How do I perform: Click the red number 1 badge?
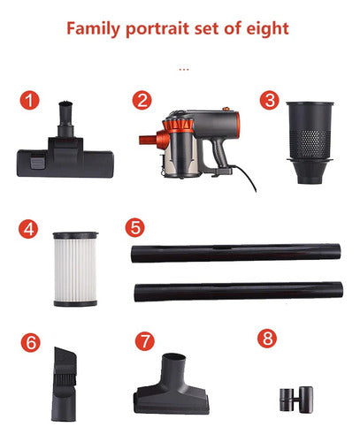point(29,100)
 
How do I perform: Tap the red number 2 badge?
point(142,100)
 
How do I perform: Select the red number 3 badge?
point(270,100)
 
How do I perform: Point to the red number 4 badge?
point(28,229)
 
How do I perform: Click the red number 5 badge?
point(135,227)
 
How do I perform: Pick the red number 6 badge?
point(31,342)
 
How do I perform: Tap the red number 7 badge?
point(145,341)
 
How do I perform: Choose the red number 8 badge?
point(267,339)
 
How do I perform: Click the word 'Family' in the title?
point(93,29)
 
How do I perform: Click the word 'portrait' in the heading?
point(157,29)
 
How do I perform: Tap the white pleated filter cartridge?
point(75,270)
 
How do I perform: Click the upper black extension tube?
point(236,253)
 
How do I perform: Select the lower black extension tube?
point(239,292)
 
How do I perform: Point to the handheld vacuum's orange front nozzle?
point(148,140)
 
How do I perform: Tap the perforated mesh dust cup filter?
point(310,143)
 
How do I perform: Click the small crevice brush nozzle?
point(65,384)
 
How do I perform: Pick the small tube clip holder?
point(296,400)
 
